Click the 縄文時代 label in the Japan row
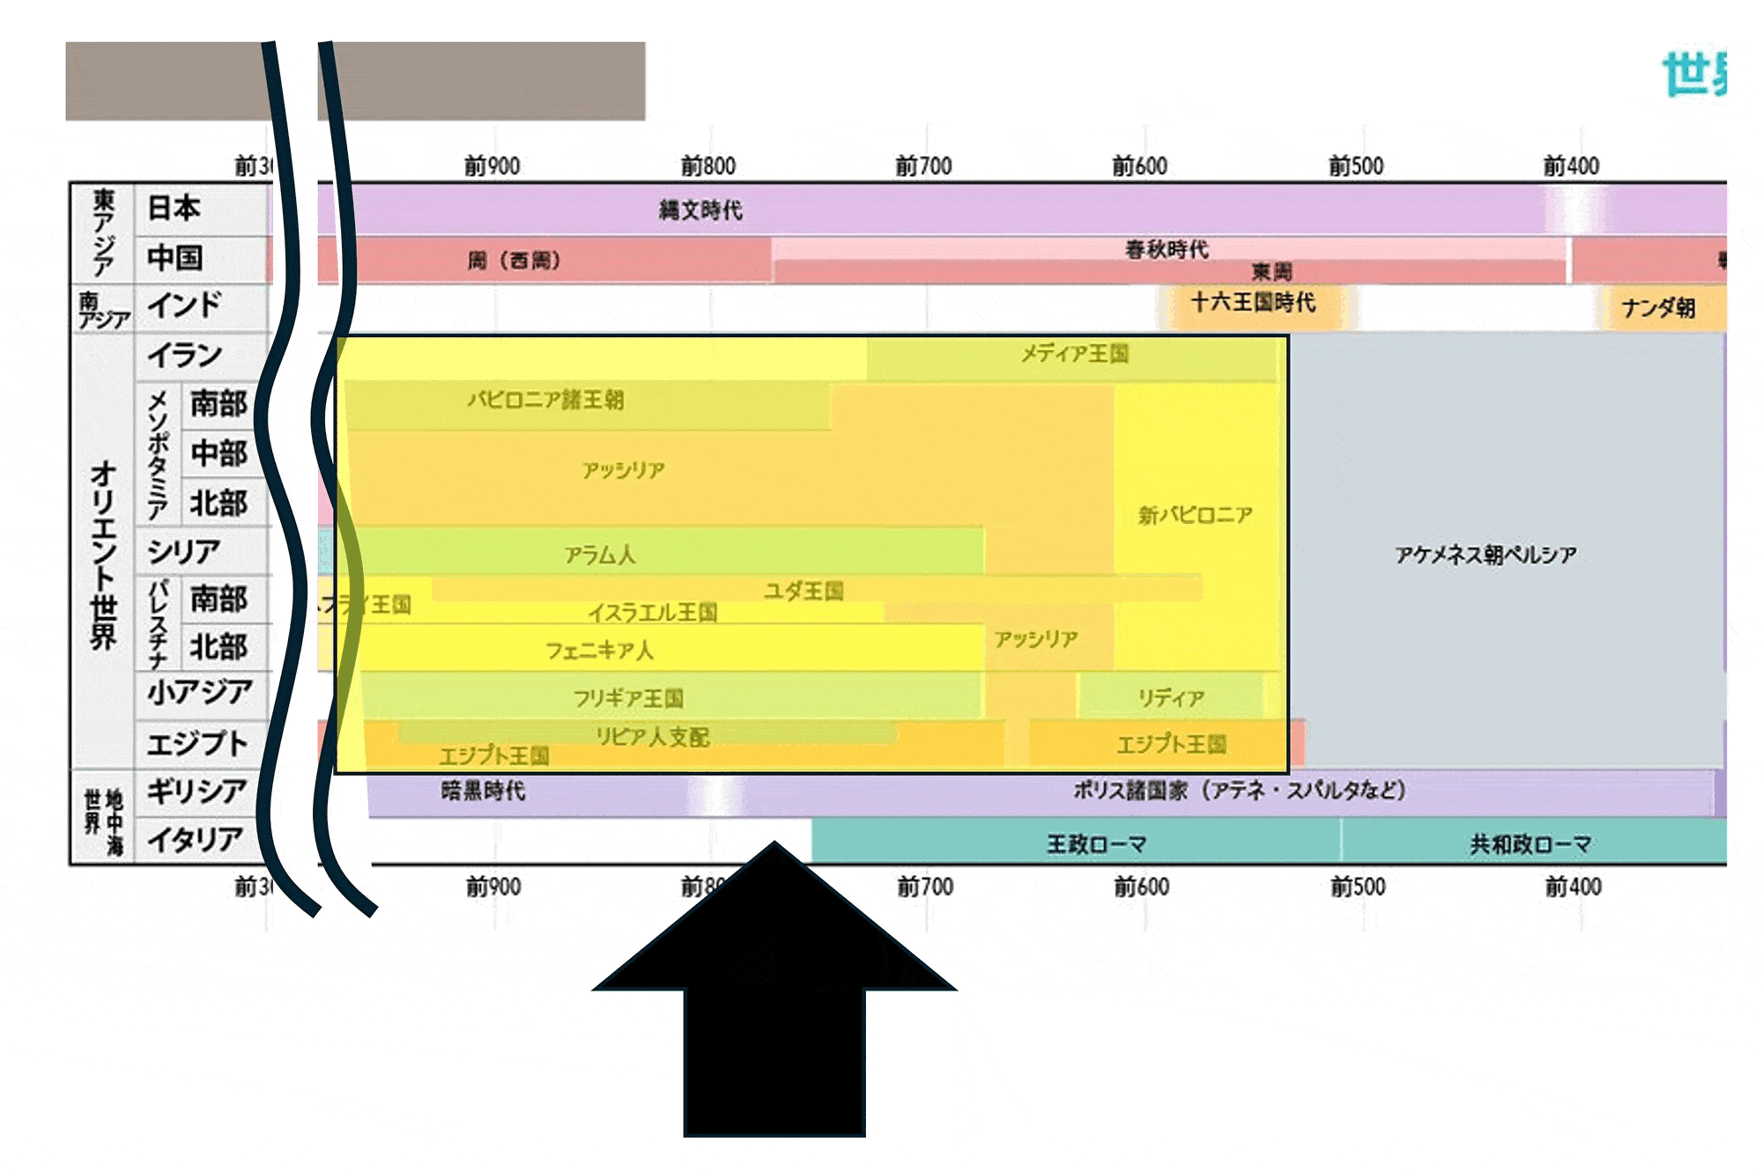click(x=700, y=210)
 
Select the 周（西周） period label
click(x=514, y=260)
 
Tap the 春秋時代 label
click(x=1166, y=249)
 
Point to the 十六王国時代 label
click(x=1253, y=302)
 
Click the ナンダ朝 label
click(x=1658, y=307)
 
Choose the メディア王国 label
click(x=1075, y=353)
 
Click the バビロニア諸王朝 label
click(x=545, y=400)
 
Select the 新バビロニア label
click(x=1195, y=514)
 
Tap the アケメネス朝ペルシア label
click(x=1485, y=554)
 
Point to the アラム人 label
click(x=600, y=554)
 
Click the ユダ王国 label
click(x=803, y=590)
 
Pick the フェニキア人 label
click(x=599, y=650)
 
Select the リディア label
click(x=1171, y=697)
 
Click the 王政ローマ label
click(x=1096, y=843)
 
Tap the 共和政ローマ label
click(x=1530, y=843)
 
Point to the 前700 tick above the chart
click(x=923, y=166)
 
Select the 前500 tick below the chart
click(x=1358, y=886)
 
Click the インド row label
click(x=184, y=306)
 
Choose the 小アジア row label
click(x=200, y=692)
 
